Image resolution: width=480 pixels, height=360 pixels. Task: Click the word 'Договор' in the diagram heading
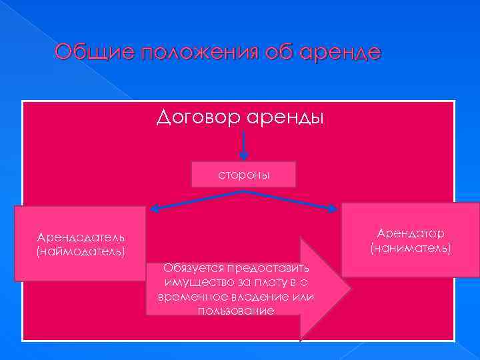197,118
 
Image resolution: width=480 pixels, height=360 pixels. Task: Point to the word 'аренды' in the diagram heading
285,118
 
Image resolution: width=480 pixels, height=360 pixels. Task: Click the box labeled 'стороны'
244,175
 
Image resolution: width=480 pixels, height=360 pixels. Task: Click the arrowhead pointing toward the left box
155,209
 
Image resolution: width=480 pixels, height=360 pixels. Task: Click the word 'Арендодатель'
82,237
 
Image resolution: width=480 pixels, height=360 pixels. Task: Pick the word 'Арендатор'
411,233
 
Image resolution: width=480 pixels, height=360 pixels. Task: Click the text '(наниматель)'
411,247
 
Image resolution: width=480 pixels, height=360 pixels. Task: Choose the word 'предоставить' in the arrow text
268,268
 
